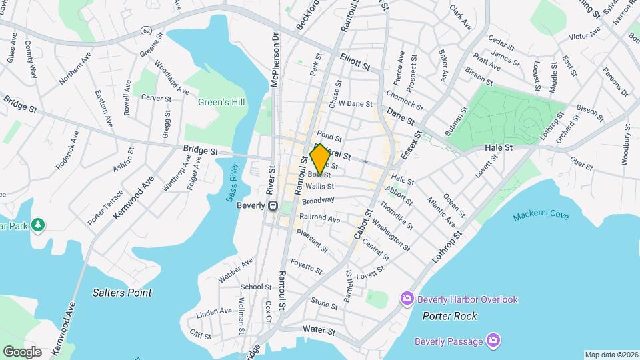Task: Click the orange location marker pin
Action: [x=319, y=159]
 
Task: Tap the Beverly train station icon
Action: [x=273, y=206]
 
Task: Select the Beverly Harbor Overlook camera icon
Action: [x=407, y=299]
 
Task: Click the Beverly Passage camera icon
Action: [x=493, y=341]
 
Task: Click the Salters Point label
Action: [x=122, y=293]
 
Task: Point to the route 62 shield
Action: [x=146, y=30]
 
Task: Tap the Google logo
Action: [x=21, y=351]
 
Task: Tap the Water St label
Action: [x=317, y=329]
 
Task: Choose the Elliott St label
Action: [x=354, y=62]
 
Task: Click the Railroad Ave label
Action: [x=320, y=219]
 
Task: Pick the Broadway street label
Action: [x=318, y=200]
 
